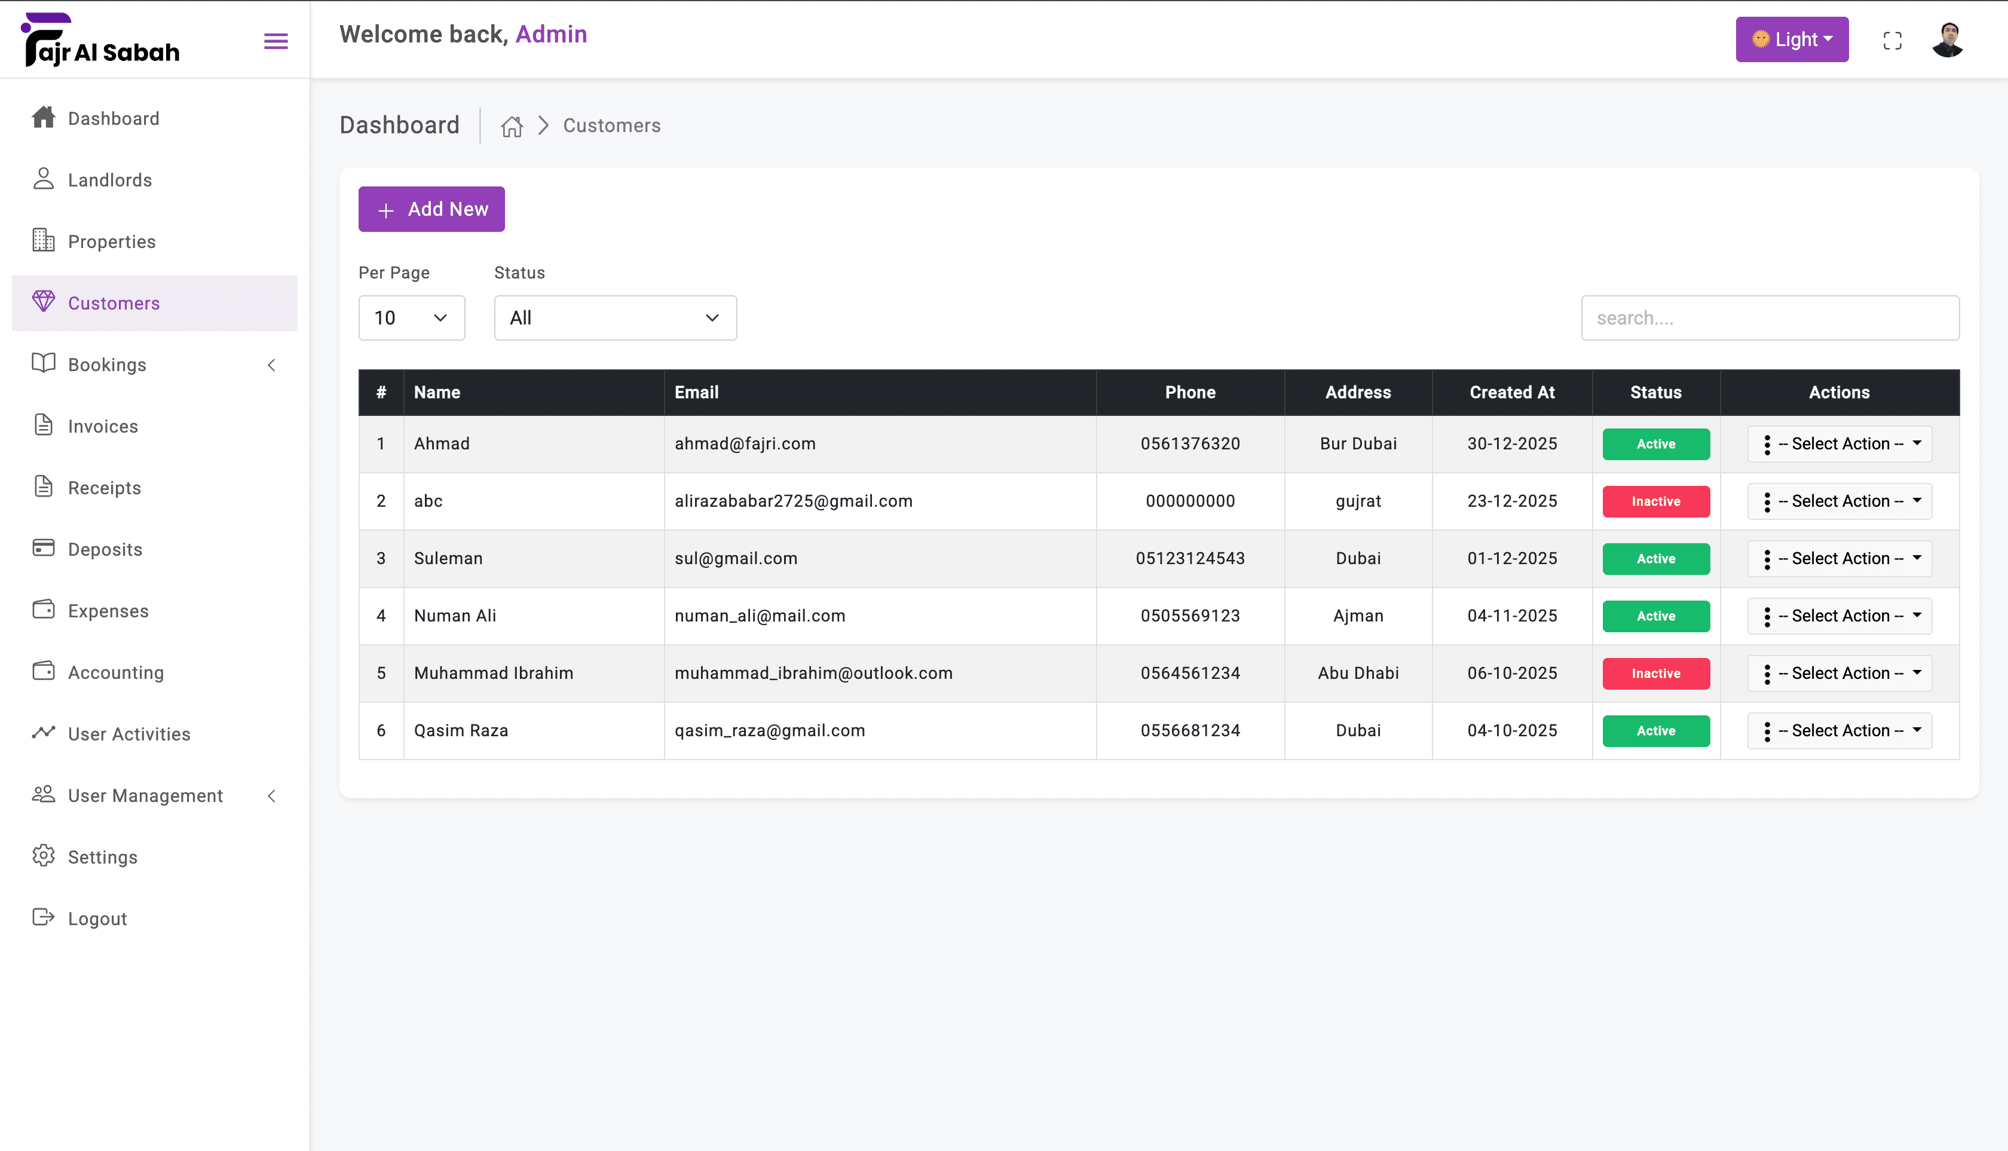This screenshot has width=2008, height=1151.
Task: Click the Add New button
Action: (431, 209)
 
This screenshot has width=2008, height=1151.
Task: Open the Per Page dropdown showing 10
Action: (411, 318)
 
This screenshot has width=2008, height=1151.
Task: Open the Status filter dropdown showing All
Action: (615, 318)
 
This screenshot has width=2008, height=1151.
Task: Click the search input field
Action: (1770, 318)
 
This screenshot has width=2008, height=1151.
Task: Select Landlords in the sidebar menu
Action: (109, 180)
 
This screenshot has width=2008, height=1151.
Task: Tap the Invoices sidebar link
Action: (103, 426)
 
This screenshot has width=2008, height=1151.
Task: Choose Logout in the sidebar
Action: (96, 919)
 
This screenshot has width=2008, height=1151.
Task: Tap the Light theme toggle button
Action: (1792, 39)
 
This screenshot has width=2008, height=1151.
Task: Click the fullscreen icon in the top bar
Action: (1893, 41)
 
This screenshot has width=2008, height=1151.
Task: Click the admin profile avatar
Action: (1947, 39)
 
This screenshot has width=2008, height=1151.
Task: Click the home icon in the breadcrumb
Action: (512, 125)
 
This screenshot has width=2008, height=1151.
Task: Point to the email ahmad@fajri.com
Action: (745, 443)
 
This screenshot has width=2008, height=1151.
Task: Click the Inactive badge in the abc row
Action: (1656, 501)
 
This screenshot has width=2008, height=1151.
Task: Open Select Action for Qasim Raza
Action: (1839, 730)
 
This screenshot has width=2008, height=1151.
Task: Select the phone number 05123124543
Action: (1190, 558)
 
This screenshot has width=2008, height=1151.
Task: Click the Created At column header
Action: (1511, 392)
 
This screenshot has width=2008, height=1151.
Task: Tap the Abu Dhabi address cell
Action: (1358, 673)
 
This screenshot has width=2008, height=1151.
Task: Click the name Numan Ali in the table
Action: (455, 616)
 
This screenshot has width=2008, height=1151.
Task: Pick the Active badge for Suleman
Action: (1656, 559)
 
